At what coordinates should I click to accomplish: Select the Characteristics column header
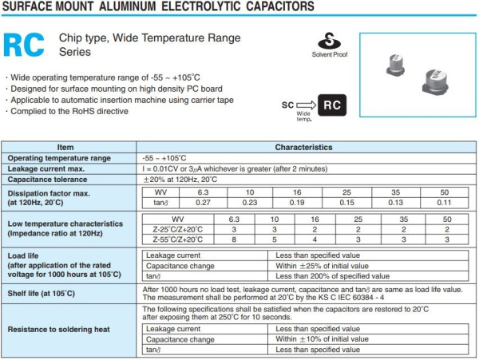(x=303, y=148)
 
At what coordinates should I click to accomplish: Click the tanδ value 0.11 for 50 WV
(x=445, y=203)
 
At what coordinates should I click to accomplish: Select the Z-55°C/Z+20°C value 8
(x=234, y=239)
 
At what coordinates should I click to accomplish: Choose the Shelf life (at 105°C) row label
(x=41, y=293)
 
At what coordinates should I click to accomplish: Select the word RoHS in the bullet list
(x=74, y=111)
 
